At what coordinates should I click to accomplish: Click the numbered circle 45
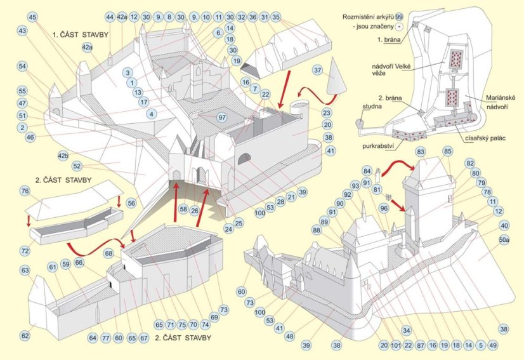coord(33,17)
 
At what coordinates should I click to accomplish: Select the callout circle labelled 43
coord(22,30)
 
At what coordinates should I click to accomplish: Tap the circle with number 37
coord(318,70)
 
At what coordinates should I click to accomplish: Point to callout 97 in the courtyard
coord(221,118)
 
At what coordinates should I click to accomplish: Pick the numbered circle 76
coord(25,191)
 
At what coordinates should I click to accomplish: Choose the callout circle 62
coord(25,335)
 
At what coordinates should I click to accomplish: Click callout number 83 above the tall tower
coord(420,152)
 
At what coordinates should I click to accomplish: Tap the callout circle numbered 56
coord(131,203)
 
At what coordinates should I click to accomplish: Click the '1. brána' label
coord(388,39)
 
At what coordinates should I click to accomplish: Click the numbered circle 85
coord(448,151)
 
